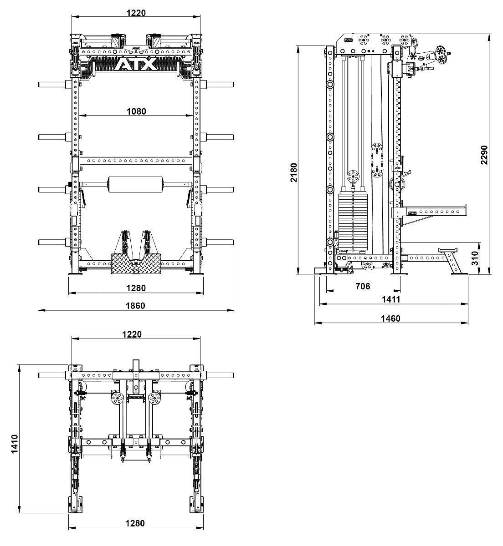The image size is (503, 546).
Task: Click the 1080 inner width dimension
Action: tap(136, 111)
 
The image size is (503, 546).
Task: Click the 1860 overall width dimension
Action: tap(136, 306)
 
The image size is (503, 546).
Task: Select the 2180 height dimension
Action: tap(294, 172)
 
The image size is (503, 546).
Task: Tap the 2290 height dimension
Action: tap(484, 155)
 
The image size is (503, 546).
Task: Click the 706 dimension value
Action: tap(363, 286)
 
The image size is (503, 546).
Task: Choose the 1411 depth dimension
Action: tap(391, 299)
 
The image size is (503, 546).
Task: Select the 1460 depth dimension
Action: tap(391, 318)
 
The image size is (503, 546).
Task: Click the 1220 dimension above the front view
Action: tap(136, 13)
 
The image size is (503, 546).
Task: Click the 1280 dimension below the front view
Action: tap(136, 288)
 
